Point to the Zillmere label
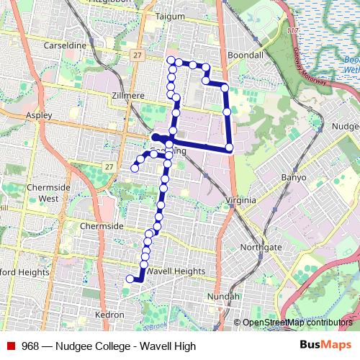click(x=128, y=95)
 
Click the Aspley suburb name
click(x=38, y=114)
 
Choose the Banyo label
click(x=294, y=177)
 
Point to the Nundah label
click(x=222, y=296)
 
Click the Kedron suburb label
click(x=109, y=315)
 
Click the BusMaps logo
click(x=325, y=346)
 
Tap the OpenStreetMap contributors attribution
click(x=297, y=323)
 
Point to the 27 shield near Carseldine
click(x=136, y=54)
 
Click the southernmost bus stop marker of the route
click(x=130, y=279)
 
